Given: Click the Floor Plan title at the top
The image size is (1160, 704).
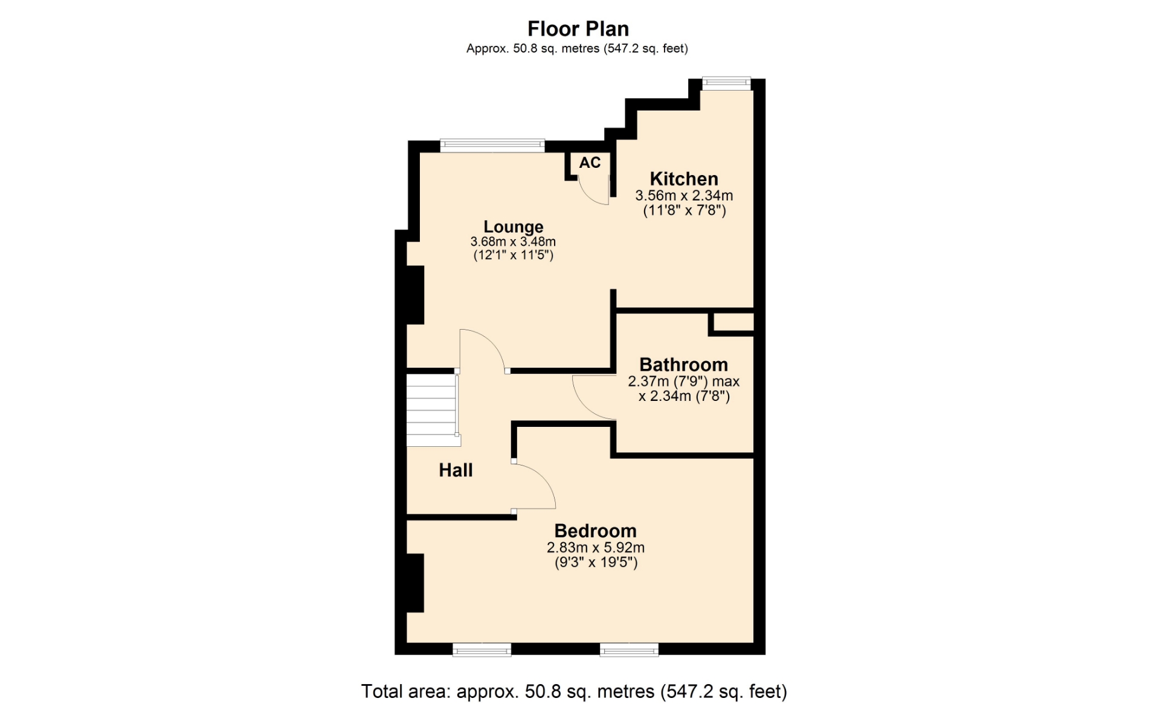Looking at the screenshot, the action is pos(578,29).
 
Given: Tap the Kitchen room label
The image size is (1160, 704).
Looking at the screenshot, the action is pos(684,179).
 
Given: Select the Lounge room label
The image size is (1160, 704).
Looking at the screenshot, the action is pos(514,227).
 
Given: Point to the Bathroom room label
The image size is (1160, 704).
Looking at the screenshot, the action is pos(683,365).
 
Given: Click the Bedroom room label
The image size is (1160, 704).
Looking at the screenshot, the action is pos(595,531).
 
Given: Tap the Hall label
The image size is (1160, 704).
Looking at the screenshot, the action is pos(456,470).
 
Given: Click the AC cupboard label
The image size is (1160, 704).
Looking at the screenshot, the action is pos(590,162).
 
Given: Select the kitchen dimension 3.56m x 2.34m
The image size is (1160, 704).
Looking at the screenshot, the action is pos(684,196).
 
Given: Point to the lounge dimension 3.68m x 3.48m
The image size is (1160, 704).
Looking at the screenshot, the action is pos(513,242).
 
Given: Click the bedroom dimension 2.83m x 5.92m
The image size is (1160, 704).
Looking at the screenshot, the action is pos(596,548).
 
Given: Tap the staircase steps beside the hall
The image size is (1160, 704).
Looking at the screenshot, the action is pos(431,410).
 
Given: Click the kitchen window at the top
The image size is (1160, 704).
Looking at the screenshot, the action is pos(726,83).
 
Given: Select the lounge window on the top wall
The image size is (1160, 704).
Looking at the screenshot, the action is pos(492,145).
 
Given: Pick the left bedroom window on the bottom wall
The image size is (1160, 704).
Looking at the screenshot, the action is pos(482,649).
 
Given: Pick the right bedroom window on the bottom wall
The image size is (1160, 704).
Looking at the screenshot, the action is pos(629,649).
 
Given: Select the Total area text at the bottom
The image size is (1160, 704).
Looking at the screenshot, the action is pos(574,691).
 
